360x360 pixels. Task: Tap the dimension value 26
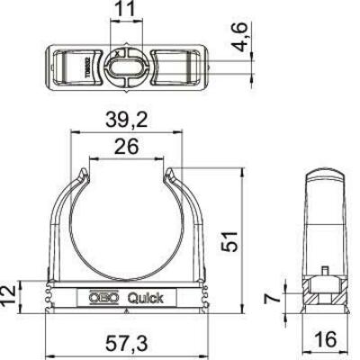coord(126,147)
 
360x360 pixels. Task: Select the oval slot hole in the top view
coord(125,66)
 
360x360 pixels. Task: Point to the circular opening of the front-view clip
coord(127,220)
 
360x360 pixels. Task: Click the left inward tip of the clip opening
coord(87,171)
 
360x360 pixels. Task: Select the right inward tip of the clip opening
coord(166,171)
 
